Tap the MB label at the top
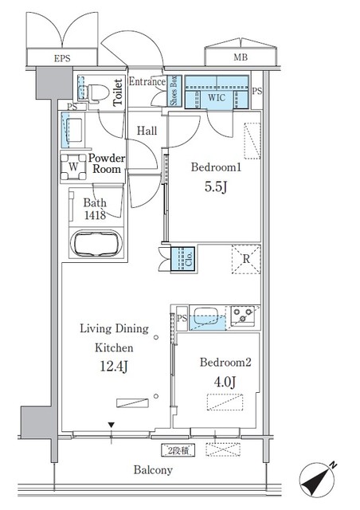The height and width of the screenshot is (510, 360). [x=239, y=59]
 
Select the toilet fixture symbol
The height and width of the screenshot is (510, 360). [x=94, y=92]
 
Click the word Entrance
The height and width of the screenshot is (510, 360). [x=147, y=82]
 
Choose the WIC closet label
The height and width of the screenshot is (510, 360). [x=217, y=97]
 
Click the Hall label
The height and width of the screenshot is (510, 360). [x=146, y=131]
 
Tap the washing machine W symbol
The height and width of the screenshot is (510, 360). [x=72, y=168]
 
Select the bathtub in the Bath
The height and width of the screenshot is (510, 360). [x=95, y=244]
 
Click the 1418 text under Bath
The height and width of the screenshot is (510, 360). [x=95, y=216]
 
